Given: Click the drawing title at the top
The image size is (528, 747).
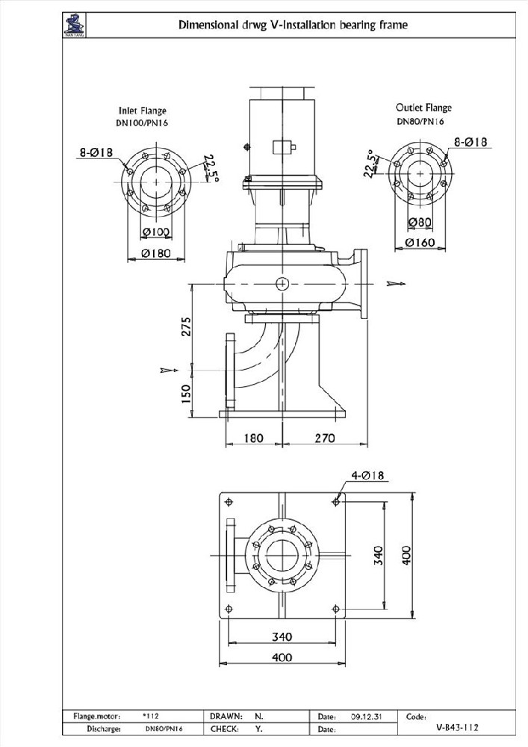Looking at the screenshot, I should [293, 25].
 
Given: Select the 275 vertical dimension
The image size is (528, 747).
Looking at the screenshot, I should [187, 326].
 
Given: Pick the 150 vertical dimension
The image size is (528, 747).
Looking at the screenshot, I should [187, 390].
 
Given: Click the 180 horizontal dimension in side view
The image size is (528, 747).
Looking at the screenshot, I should [253, 438].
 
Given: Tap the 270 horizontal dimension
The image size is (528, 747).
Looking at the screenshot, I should [324, 438].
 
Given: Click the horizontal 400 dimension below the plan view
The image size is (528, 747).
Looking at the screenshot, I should [281, 657].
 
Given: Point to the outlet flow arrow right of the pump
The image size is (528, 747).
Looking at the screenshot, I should [396, 283].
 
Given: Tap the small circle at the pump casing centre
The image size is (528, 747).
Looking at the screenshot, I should [282, 283].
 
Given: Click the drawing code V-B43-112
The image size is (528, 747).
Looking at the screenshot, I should [458, 726].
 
